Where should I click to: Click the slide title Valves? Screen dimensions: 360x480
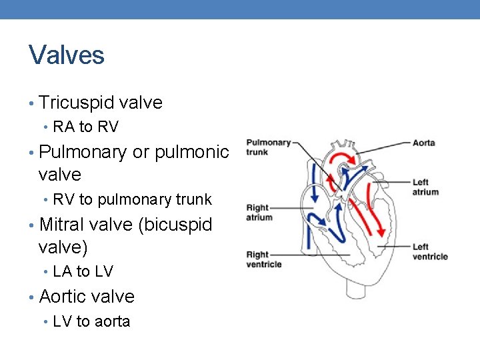click(x=67, y=55)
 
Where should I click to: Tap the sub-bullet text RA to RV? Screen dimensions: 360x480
click(x=85, y=127)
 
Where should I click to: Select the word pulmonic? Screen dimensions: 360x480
click(x=191, y=152)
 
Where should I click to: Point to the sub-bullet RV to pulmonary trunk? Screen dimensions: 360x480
click(x=132, y=199)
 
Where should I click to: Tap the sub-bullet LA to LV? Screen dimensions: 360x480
click(x=83, y=271)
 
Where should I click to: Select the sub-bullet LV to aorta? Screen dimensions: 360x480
click(x=91, y=321)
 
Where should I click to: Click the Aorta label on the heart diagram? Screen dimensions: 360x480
click(x=424, y=143)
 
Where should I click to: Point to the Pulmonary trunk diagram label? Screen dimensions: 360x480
click(x=268, y=147)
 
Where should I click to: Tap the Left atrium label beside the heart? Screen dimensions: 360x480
click(x=425, y=187)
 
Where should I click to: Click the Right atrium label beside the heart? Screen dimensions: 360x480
click(x=259, y=213)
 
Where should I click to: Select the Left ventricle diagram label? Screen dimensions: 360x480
click(x=429, y=252)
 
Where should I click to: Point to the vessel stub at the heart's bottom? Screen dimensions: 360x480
click(x=353, y=287)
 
